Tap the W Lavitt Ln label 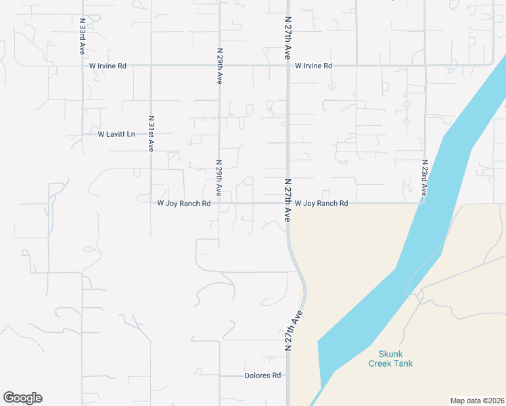click(116, 134)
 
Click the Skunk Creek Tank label click(390, 359)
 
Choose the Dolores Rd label click(263, 376)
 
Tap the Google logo click(22, 398)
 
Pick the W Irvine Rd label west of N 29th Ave click(108, 66)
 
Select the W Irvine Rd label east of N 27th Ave click(313, 66)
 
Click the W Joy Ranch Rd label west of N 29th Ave click(184, 203)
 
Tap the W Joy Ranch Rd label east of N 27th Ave click(321, 203)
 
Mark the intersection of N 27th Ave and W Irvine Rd click(287, 66)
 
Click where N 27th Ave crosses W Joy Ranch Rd click(287, 203)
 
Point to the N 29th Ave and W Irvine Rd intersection click(218, 66)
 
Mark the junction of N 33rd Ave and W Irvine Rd click(82, 66)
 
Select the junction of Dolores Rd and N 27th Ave click(287, 376)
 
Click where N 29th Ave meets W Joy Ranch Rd click(218, 203)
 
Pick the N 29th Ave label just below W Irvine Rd click(219, 66)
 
